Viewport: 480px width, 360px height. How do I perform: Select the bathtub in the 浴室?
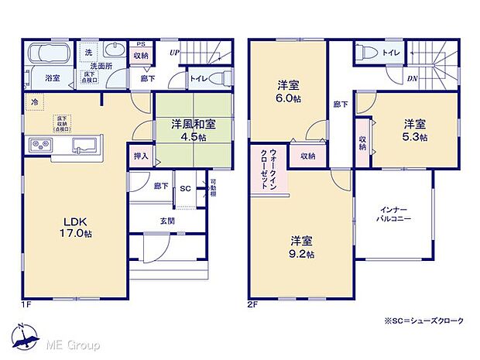click(x=50, y=56)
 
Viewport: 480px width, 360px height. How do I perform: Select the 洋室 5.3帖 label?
click(x=414, y=129)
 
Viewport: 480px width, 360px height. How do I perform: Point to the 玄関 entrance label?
click(x=166, y=221)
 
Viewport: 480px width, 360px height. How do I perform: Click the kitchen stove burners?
click(x=40, y=145)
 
